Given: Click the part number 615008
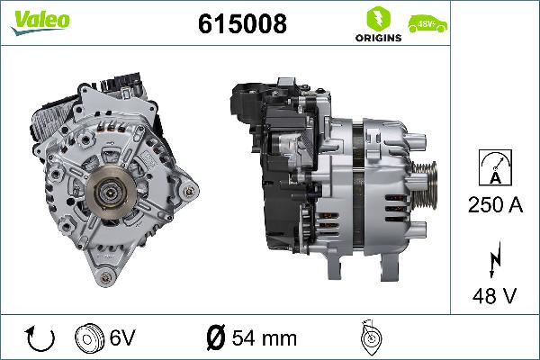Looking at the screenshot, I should click(x=241, y=24).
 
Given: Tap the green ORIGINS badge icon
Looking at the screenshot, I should click(x=373, y=17).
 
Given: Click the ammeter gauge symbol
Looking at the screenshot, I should click(x=494, y=167).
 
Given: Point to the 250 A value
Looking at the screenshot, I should click(x=494, y=204).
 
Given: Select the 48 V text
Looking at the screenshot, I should click(x=494, y=294).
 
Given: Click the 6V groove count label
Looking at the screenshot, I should click(x=123, y=338).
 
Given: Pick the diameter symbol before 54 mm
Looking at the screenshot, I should click(x=215, y=338).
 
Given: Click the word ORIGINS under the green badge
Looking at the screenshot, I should click(x=373, y=39).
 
